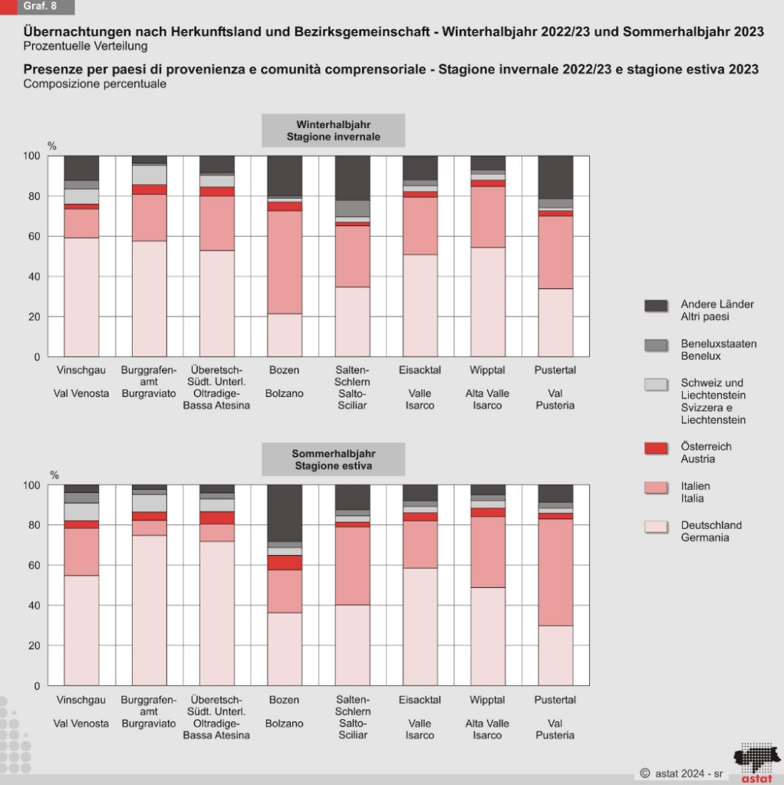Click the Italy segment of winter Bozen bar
click(285, 261)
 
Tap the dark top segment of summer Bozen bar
click(285, 513)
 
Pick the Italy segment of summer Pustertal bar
click(555, 572)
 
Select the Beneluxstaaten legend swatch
click(656, 345)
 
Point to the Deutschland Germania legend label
click(711, 531)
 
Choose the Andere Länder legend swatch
click(656, 305)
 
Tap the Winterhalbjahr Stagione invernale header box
click(333, 130)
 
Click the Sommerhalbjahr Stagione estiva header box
click(333, 459)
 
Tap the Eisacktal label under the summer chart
click(420, 700)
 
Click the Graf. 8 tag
click(38, 7)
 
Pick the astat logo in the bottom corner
click(753, 762)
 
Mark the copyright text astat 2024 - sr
click(681, 773)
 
